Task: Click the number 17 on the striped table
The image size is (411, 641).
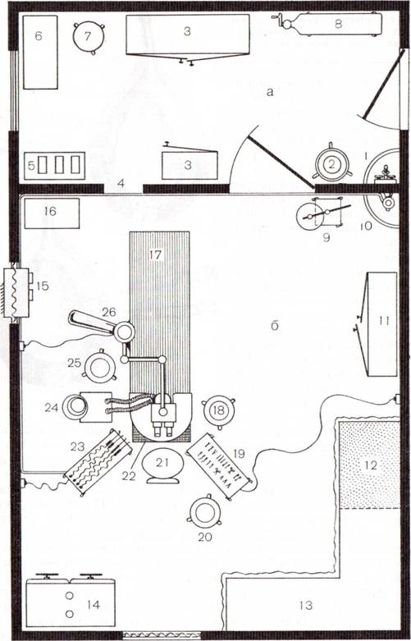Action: tap(156, 255)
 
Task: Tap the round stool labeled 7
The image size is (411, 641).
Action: tap(89, 37)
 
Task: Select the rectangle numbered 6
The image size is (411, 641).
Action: tap(40, 52)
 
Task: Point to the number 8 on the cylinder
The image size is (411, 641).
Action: tap(338, 24)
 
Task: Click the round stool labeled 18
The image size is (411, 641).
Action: tap(219, 410)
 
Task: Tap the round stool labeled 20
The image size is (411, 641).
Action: tap(205, 511)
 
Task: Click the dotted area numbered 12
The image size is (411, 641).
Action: tap(370, 465)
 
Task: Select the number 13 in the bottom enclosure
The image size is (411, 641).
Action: tap(306, 605)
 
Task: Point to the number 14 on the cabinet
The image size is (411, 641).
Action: tap(94, 605)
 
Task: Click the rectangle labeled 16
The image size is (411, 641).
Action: tap(52, 213)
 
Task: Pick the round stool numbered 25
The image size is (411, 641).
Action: tap(99, 368)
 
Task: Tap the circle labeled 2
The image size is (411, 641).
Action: tap(331, 164)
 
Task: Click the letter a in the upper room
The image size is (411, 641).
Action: tap(269, 93)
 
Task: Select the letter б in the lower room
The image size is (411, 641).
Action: tap(275, 326)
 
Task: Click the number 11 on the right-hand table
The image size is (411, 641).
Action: tap(384, 321)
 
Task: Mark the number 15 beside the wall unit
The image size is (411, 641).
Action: tap(42, 286)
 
